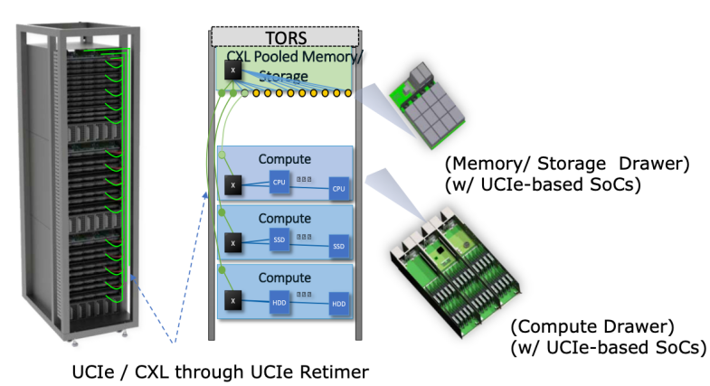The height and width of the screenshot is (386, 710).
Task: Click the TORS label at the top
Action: (285, 39)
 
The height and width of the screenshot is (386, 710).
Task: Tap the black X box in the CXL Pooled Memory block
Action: (232, 70)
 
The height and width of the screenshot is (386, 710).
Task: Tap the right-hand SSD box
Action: (338, 246)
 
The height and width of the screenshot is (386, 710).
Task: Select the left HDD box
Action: (279, 297)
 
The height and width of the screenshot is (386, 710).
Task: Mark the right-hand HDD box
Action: (338, 303)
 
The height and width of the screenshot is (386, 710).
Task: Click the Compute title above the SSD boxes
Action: (285, 218)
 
